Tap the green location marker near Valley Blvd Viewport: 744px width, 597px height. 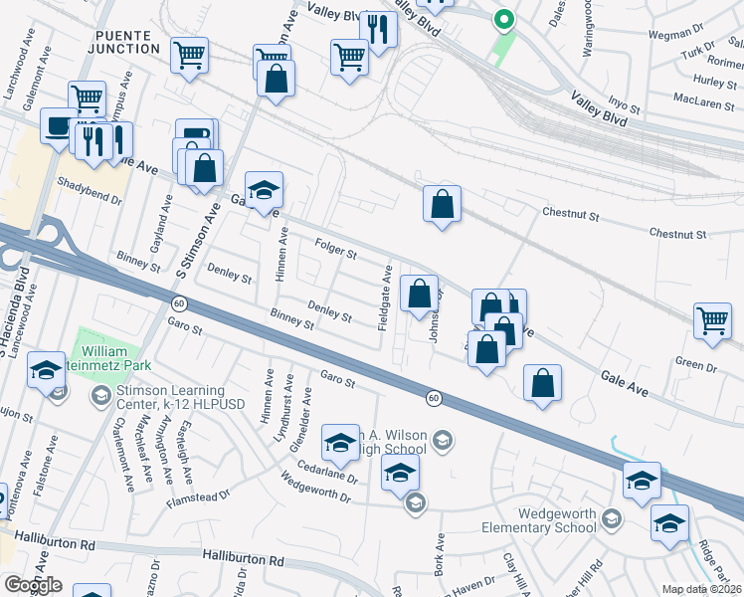504,18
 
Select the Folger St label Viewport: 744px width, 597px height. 335,249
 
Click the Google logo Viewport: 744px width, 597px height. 32,584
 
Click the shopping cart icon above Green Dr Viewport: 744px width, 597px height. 712,320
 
